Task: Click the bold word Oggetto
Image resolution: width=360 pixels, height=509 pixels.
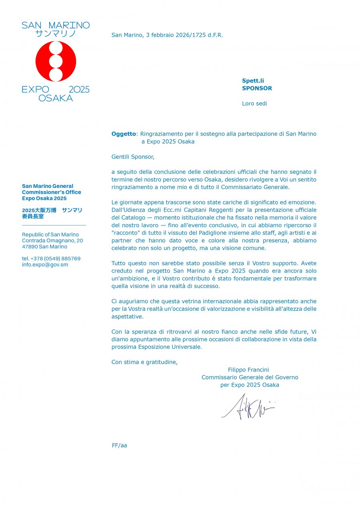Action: pos(124,134)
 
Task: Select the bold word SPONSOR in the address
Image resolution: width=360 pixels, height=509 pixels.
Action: pos(257,88)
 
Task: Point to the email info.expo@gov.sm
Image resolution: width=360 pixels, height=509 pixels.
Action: pos(45,265)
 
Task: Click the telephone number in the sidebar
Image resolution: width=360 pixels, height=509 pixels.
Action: pos(51,259)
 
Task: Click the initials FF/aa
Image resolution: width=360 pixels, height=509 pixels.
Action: pos(119,445)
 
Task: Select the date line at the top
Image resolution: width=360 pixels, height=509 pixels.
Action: pos(167,35)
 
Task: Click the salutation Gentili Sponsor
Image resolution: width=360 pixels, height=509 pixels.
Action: pos(133,157)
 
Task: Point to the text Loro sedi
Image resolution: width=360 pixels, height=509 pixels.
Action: pos(254,104)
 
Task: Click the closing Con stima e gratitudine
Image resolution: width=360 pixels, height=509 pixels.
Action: pos(144,362)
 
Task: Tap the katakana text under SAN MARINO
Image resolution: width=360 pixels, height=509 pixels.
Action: pos(56,34)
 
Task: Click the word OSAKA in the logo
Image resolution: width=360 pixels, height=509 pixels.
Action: pos(56,98)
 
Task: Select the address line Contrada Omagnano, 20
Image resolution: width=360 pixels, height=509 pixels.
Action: pos(52,241)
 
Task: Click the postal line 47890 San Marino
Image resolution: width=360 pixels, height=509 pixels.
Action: pos(44,247)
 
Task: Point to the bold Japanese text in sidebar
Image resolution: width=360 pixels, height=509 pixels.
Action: pos(52,213)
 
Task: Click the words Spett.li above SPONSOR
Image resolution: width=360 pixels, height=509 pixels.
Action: pos(253,81)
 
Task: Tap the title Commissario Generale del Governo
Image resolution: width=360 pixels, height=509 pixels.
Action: pos(250,377)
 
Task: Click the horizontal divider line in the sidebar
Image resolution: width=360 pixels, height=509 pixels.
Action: pos(54,226)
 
